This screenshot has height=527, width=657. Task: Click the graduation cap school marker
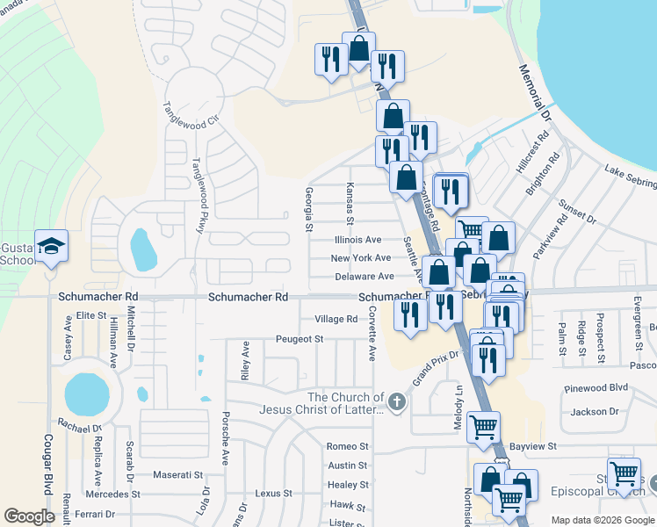(51, 246)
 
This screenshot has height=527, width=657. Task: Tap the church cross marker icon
(397, 402)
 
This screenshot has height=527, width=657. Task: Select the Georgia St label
(308, 210)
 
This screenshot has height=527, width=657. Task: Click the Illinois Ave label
(357, 240)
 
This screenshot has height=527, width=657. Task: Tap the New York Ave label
(360, 258)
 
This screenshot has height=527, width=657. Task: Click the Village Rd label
(336, 320)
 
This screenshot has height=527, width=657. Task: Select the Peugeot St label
(300, 338)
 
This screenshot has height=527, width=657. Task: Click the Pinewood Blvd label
(599, 387)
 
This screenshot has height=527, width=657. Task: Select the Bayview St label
(534, 447)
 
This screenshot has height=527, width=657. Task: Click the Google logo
(30, 516)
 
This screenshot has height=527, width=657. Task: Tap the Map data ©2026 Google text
(602, 520)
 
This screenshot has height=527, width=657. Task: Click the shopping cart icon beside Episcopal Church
(624, 473)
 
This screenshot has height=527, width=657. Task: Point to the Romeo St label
(347, 447)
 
